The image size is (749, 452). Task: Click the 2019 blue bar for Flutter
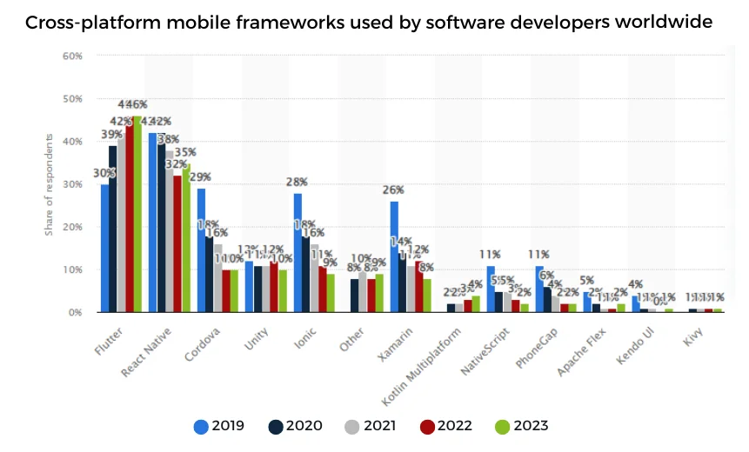click(x=105, y=248)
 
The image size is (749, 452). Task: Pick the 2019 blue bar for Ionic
click(x=298, y=252)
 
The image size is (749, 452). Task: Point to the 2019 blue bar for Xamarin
click(x=394, y=256)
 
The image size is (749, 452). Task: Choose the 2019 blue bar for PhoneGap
click(x=539, y=289)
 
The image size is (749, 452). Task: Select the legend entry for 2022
click(x=453, y=426)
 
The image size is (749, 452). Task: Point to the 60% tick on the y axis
click(x=73, y=56)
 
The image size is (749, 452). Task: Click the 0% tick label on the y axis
click(x=76, y=312)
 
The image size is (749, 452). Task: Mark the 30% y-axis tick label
click(x=73, y=184)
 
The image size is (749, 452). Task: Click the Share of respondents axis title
click(x=50, y=184)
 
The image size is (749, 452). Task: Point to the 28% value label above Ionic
click(x=298, y=182)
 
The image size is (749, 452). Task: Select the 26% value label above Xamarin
click(x=394, y=190)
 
